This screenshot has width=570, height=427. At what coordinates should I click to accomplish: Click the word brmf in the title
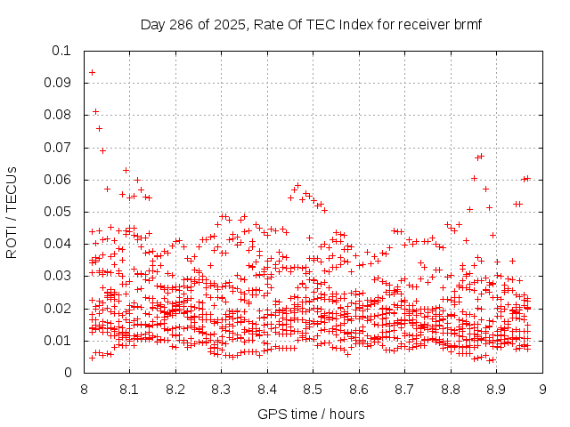tap(465, 24)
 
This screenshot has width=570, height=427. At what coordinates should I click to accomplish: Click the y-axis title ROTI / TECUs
tap(12, 212)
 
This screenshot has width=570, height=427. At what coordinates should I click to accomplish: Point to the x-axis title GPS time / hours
tap(311, 414)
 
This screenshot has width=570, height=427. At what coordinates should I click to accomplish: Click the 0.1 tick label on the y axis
tap(61, 51)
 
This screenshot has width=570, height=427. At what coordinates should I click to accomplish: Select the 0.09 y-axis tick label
tap(58, 83)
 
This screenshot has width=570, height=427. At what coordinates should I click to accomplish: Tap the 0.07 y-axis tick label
tap(58, 148)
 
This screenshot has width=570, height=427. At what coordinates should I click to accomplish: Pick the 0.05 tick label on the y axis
tap(58, 212)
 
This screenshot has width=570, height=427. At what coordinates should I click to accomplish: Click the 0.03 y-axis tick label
tap(58, 276)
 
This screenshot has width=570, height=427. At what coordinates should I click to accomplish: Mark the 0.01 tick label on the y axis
tap(58, 341)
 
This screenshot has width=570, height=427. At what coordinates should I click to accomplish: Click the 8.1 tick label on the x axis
tap(129, 389)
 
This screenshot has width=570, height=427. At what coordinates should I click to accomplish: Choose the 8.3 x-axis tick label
tap(221, 389)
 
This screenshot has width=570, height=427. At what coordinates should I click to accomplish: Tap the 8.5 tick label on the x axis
tap(313, 389)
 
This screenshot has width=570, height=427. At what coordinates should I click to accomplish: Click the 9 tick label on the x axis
tap(542, 389)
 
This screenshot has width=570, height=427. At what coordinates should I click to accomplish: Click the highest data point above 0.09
tap(92, 72)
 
